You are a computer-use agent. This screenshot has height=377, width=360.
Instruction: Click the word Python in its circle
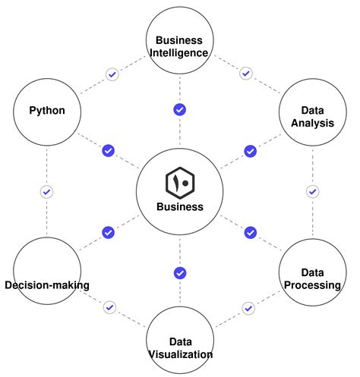click(x=46, y=111)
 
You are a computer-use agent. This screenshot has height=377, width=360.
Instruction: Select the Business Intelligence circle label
click(x=180, y=46)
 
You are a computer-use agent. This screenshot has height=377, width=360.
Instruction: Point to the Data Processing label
click(x=312, y=278)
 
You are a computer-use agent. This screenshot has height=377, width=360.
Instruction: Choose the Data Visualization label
click(x=180, y=347)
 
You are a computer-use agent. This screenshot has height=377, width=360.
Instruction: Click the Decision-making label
click(x=47, y=285)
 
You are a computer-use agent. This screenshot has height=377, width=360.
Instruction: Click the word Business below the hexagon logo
click(x=180, y=206)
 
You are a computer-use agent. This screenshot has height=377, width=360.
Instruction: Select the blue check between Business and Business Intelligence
click(x=180, y=109)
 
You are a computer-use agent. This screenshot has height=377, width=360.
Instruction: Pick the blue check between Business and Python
click(x=108, y=151)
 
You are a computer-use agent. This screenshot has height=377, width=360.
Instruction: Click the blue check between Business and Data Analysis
click(x=250, y=151)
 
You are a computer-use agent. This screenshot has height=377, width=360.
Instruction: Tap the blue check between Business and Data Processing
click(x=250, y=232)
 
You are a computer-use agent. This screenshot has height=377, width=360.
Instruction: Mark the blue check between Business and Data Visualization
click(x=180, y=272)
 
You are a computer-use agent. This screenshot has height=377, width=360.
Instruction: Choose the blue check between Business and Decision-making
click(x=108, y=232)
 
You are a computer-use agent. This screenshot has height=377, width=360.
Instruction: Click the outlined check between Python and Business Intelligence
click(x=112, y=74)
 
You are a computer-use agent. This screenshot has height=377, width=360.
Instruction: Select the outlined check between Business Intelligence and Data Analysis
click(x=245, y=74)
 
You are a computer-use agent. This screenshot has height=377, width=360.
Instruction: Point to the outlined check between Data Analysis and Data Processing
click(x=312, y=191)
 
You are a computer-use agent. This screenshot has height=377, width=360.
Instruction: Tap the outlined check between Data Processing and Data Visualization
click(x=248, y=308)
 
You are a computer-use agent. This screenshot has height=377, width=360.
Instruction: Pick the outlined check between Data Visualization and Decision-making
click(x=110, y=307)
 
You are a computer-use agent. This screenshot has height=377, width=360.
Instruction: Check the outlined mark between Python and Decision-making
click(x=46, y=192)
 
